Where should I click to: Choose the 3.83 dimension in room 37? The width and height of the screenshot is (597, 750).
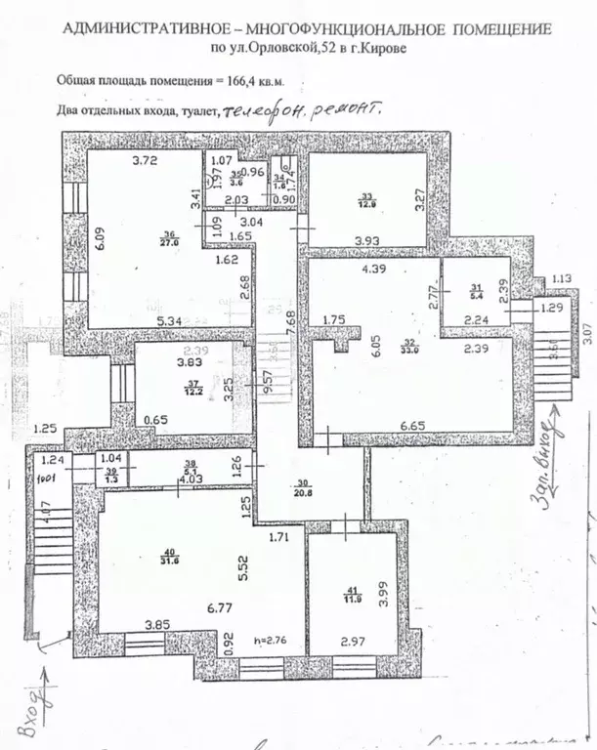tap(162, 363)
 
